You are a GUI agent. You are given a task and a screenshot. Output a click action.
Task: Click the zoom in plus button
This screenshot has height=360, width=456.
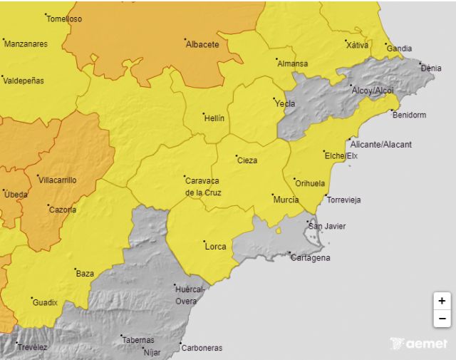(x=442, y=301)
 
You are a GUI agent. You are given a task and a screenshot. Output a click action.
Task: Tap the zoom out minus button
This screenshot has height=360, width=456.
(x=442, y=318)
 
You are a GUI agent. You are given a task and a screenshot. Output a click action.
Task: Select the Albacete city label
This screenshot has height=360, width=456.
(x=202, y=44)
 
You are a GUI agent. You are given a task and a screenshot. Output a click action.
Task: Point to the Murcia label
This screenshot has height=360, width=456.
(x=286, y=200)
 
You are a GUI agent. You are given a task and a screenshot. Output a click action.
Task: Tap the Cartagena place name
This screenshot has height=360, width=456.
(x=311, y=258)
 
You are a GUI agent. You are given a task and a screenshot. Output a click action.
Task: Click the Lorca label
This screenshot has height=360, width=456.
(x=215, y=247)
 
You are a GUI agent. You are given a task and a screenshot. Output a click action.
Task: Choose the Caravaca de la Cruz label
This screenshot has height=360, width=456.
(x=203, y=187)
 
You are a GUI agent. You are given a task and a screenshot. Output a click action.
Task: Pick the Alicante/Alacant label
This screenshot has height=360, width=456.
(x=381, y=145)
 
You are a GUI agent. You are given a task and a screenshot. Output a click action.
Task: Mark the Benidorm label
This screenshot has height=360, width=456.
(x=409, y=115)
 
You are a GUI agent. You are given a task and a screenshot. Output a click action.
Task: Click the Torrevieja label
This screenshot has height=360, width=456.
(x=343, y=200)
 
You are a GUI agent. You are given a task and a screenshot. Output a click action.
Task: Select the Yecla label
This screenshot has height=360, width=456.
(x=285, y=103)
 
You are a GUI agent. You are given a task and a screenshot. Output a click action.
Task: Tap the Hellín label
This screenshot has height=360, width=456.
(x=214, y=118)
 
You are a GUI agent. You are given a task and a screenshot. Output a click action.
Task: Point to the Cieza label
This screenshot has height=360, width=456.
(x=247, y=160)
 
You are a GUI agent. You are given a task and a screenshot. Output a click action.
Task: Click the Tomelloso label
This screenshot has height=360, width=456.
(x=64, y=19)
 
